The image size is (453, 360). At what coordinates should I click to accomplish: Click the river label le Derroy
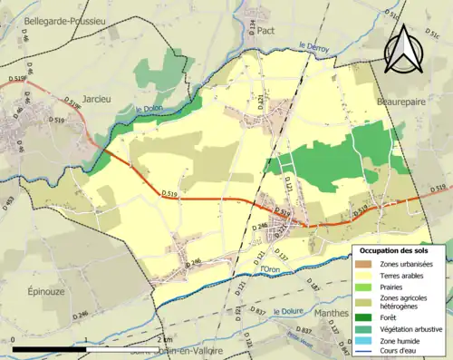click(313, 44)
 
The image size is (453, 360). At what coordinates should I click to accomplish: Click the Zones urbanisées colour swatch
click(364, 264)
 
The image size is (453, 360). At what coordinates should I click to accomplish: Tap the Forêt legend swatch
click(364, 316)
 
